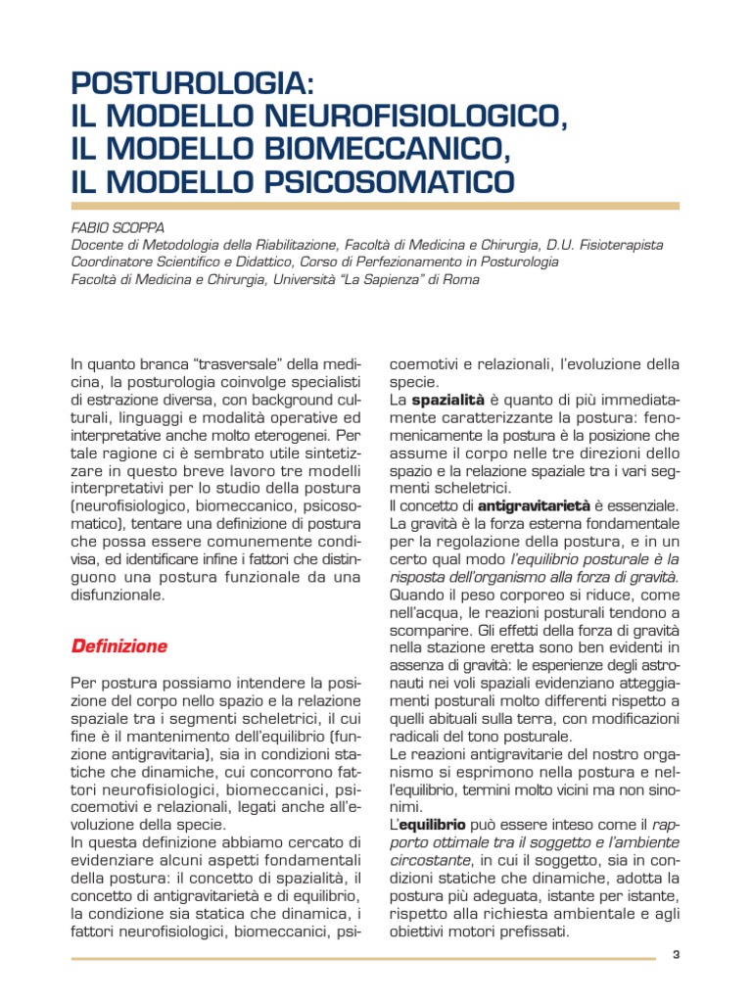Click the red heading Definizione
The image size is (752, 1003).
(118, 646)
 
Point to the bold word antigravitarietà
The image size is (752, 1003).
(534, 505)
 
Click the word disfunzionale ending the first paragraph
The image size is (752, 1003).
(117, 594)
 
